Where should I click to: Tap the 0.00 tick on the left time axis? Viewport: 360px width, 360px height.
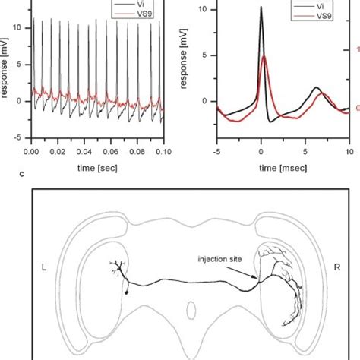coord(31,151)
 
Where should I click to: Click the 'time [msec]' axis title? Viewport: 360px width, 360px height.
coord(278,166)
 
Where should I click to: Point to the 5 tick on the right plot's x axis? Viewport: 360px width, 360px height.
coord(305,151)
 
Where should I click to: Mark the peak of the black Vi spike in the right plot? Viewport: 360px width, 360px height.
coord(261,8)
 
